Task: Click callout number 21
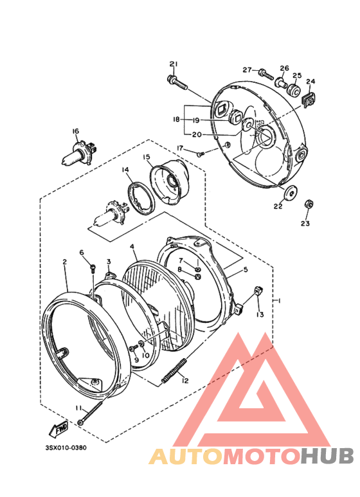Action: pos(173,63)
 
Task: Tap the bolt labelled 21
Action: pos(177,82)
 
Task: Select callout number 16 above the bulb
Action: pos(75,132)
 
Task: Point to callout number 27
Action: pos(247,69)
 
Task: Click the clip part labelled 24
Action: pos(309,98)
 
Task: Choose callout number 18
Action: pos(176,120)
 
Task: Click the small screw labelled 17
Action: pos(200,153)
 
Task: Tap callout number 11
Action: pos(78,408)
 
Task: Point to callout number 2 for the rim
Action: pos(65,262)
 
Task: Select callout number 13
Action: pos(260,314)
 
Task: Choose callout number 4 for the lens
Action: pos(132,246)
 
